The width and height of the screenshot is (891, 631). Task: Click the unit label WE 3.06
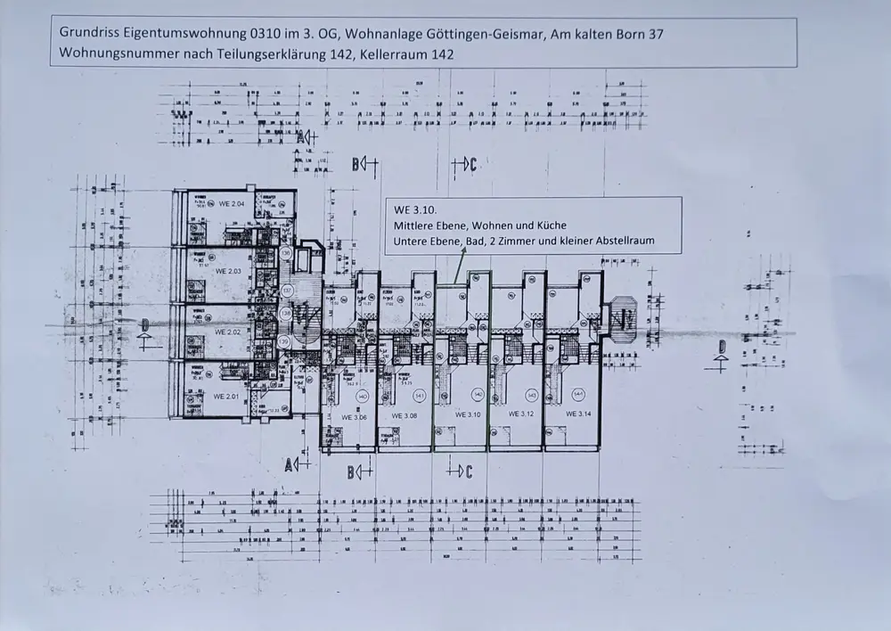(x=355, y=415)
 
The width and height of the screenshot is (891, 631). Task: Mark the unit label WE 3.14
(x=577, y=414)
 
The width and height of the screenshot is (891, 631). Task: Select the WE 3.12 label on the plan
(x=520, y=414)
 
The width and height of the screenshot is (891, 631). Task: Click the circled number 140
(x=361, y=396)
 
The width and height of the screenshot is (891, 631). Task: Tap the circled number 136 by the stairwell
(x=286, y=254)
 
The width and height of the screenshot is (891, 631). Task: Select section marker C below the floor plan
(x=469, y=470)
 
